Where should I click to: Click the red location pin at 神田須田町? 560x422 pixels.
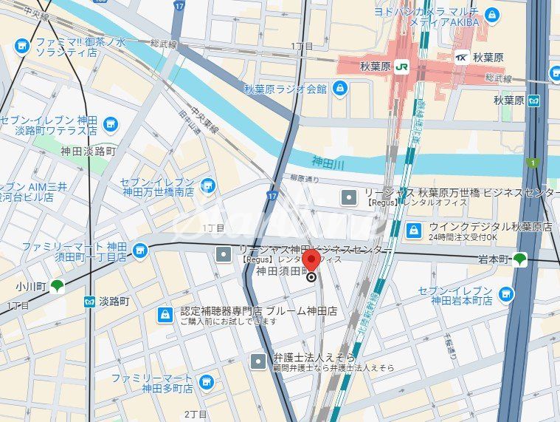[x=311, y=260]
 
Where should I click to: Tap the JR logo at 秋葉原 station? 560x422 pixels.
[x=401, y=65]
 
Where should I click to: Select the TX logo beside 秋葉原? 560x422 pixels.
[x=461, y=57]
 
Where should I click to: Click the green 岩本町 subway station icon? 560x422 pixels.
[x=520, y=259]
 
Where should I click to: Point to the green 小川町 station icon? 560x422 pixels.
[x=57, y=285]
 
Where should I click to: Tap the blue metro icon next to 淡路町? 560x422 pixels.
[x=89, y=302]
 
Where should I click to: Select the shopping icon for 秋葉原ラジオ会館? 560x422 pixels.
[x=340, y=89]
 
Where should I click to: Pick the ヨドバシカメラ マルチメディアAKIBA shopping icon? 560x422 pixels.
[x=492, y=15]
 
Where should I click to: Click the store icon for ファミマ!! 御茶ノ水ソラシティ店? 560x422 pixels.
[x=21, y=46]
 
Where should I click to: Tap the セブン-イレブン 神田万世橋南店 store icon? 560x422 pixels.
[x=208, y=185]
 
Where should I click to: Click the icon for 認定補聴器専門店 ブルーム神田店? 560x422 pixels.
[x=165, y=316]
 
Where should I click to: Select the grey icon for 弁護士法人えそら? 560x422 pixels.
[x=257, y=361]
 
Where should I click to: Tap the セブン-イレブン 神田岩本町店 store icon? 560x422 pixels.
[x=505, y=295]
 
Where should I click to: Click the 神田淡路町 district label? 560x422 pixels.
[x=89, y=150]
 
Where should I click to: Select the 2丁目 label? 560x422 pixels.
[x=196, y=413]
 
